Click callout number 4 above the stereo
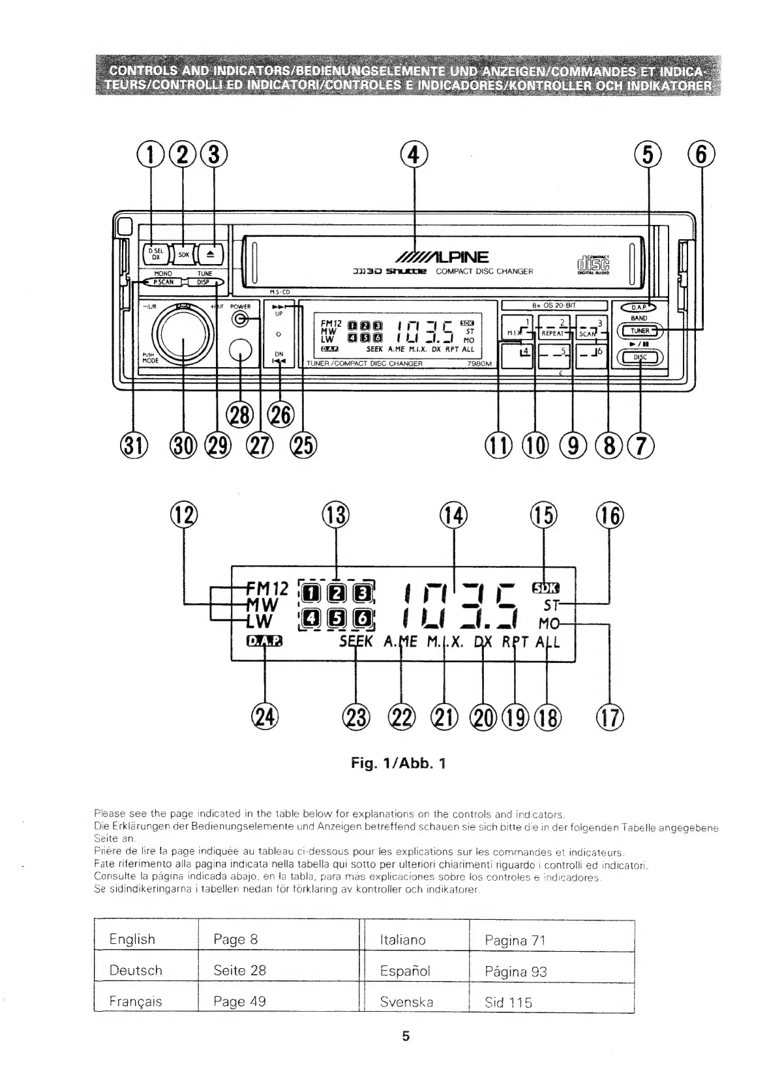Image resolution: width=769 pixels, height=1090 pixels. (x=415, y=155)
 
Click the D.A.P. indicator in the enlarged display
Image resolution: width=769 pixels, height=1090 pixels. (x=265, y=641)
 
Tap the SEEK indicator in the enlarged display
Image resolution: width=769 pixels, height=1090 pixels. (x=355, y=641)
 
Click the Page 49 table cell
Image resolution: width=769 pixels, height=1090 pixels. (x=239, y=1001)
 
